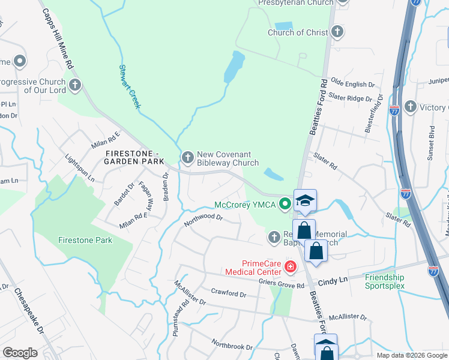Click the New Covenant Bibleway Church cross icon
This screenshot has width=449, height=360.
188,158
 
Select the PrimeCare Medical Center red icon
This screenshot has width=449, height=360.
291,266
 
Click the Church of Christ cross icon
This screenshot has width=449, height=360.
337,32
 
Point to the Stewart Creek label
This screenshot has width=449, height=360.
129,87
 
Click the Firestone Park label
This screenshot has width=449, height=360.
85,240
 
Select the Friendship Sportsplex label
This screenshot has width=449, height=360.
385,281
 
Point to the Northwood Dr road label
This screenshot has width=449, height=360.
203,219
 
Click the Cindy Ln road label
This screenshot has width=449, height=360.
333,280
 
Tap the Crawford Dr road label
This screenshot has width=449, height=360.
229,294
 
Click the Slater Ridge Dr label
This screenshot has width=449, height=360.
355,98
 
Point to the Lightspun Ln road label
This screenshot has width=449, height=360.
80,168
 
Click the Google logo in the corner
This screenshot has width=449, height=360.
20,353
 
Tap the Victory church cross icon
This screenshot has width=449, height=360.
410,107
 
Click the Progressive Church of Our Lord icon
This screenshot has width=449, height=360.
75,85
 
